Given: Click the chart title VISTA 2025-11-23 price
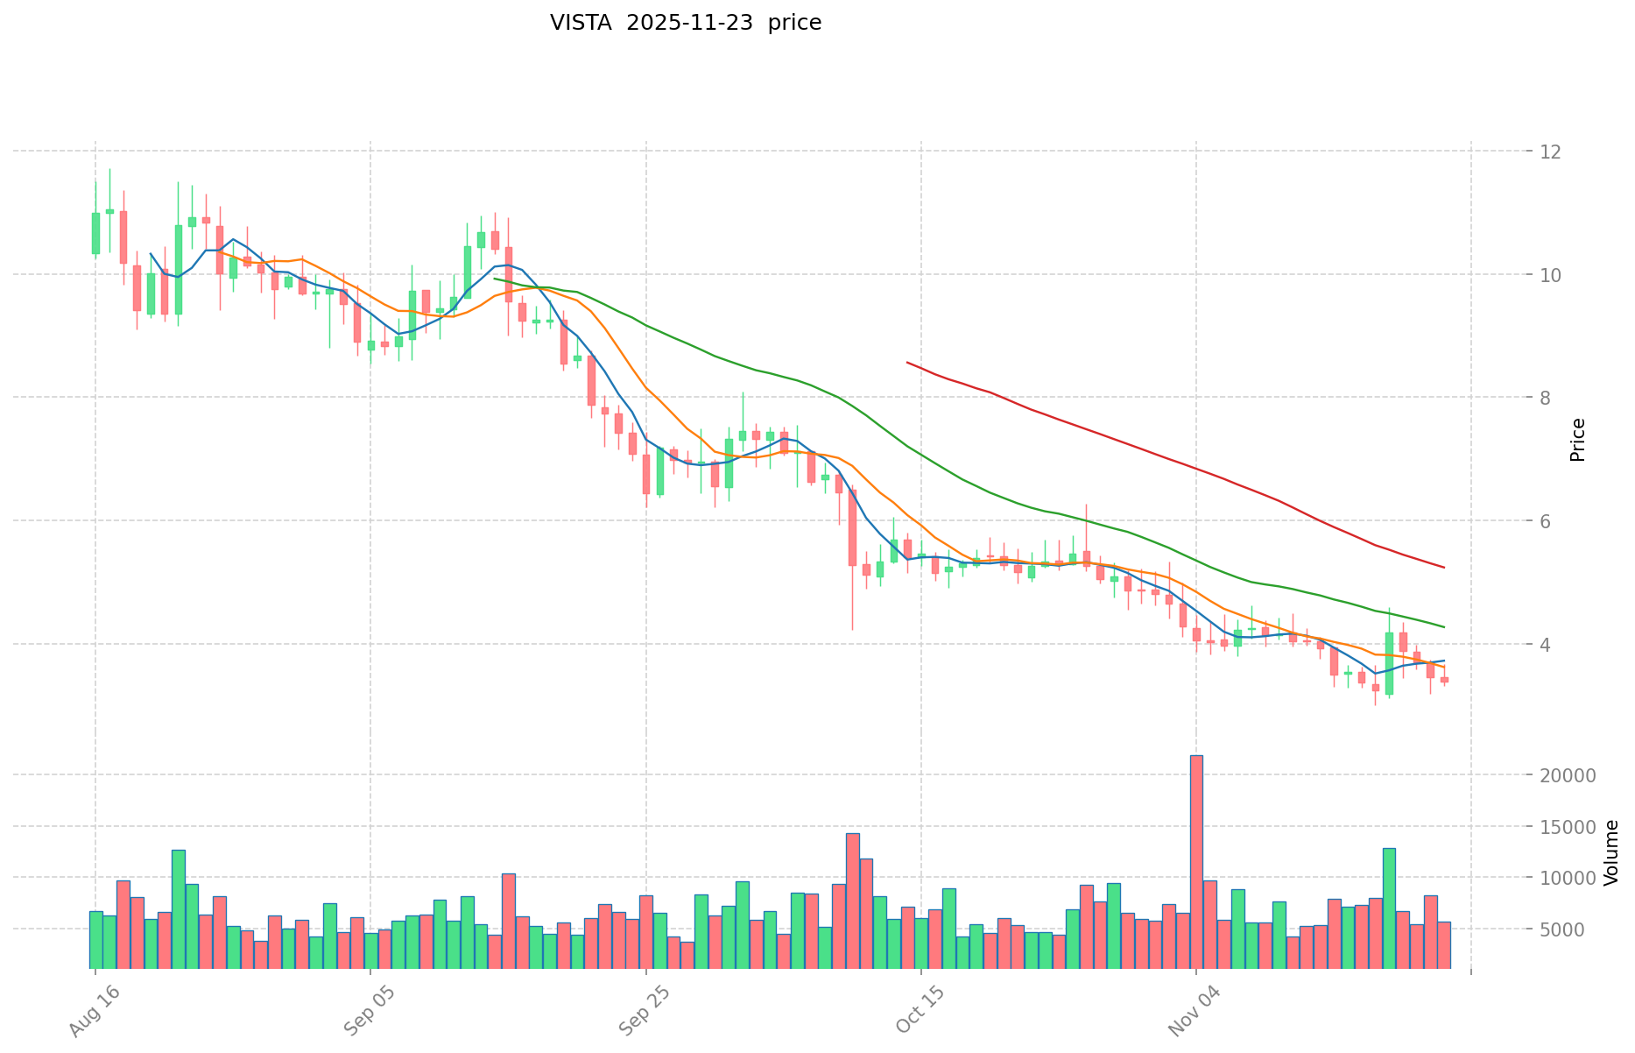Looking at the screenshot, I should point(686,23).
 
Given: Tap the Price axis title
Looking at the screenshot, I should point(1577,440).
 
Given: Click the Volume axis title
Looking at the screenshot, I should point(1611,852).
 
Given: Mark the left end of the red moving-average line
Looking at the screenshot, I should point(907,362).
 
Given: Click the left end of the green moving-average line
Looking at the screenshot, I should point(495,279).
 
